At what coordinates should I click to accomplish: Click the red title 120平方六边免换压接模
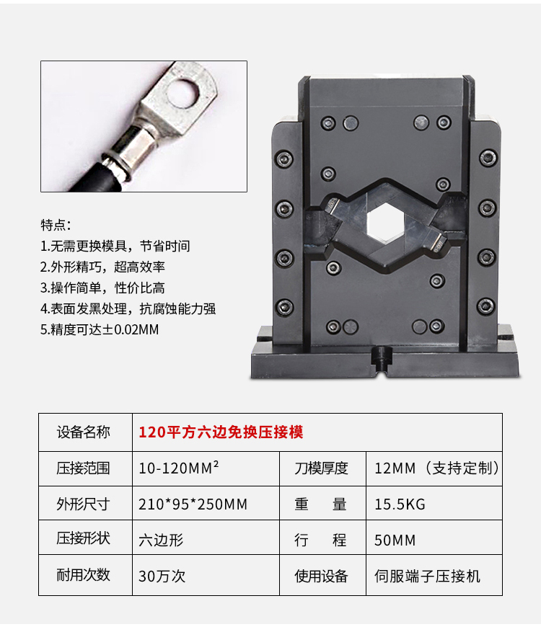220,432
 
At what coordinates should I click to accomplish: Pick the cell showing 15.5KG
400,504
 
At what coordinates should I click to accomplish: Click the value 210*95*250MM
193,504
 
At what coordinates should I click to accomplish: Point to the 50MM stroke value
395,540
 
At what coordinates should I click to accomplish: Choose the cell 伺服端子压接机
427,576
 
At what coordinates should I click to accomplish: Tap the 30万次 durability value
162,576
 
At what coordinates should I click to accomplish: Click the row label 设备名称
84,432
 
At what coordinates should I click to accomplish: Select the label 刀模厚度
321,468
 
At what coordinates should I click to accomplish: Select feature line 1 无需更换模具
115,246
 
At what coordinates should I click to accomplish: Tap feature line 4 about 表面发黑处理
128,309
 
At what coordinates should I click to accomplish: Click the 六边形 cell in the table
159,540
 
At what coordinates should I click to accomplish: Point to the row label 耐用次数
84,576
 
